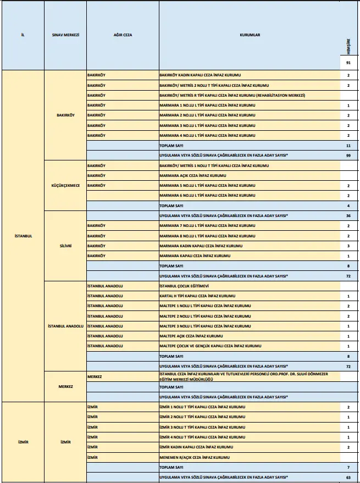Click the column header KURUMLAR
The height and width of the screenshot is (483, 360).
point(250,35)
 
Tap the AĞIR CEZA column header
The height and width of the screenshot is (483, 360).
point(122,35)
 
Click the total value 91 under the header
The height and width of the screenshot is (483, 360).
point(348,64)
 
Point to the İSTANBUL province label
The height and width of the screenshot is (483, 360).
point(23,236)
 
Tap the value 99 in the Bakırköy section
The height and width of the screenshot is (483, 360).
point(348,156)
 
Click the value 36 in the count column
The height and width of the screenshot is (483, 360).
point(348,215)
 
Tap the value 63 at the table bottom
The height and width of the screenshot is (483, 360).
point(348,477)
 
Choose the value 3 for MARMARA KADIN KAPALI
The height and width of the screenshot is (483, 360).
point(348,246)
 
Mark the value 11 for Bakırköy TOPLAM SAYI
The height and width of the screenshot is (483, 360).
point(348,146)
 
